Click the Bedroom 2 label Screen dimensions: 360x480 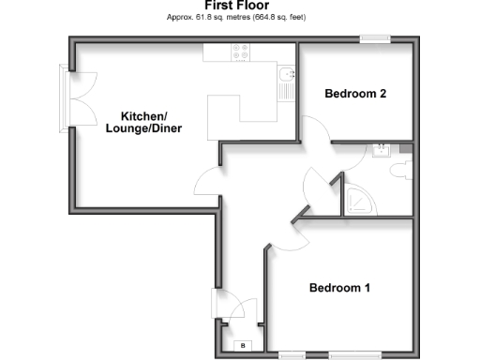coord(355,94)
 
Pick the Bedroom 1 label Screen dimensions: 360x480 coord(339,288)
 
